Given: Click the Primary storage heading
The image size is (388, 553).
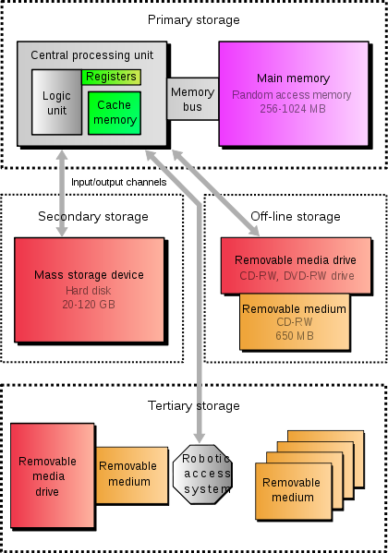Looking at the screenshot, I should point(193,19).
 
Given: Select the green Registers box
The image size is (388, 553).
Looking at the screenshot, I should point(112,77).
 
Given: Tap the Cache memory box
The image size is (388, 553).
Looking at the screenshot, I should point(115,114).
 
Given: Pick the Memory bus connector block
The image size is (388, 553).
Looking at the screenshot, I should point(192,100).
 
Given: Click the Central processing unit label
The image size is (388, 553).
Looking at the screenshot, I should point(92,55).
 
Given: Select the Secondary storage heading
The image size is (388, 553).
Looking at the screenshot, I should point(92,216).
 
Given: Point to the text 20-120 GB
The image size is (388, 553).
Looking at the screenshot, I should point(89,304).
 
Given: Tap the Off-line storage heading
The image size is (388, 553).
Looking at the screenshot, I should point(296,216).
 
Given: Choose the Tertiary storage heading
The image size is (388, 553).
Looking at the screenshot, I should point(193,405).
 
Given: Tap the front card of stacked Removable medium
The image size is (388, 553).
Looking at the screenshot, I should point(291,489).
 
